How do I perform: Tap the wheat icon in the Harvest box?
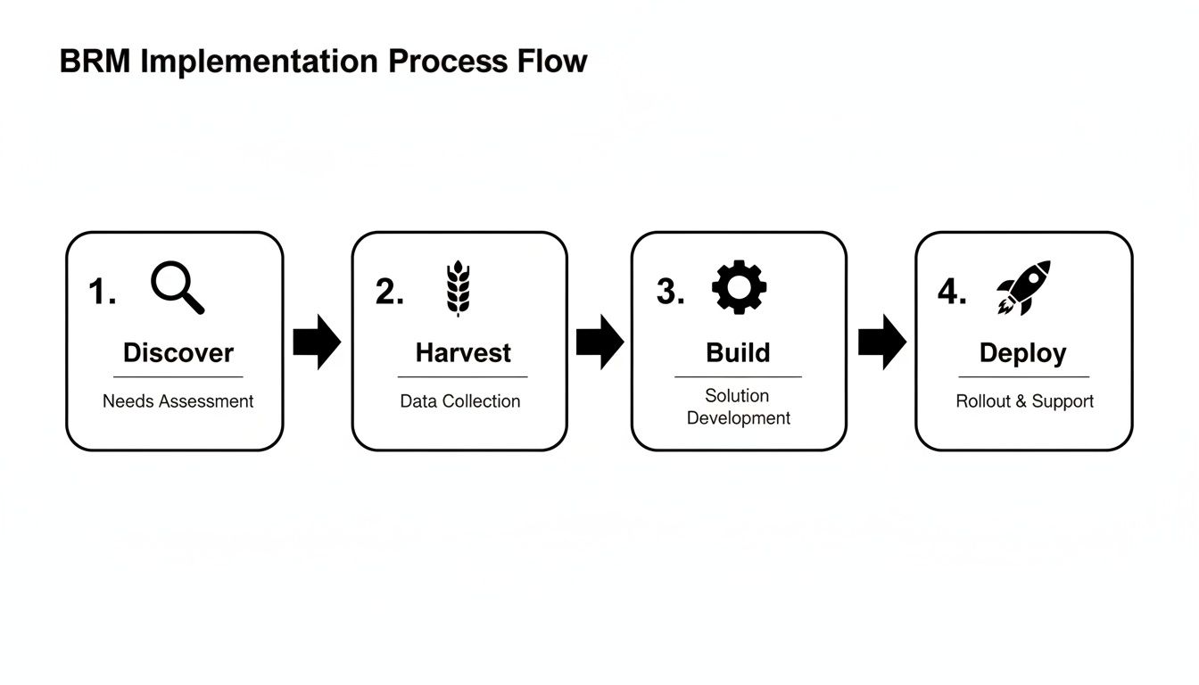tap(458, 288)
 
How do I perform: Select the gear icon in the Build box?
tap(739, 287)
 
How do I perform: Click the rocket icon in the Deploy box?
tap(1023, 287)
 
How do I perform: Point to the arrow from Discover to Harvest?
tap(317, 342)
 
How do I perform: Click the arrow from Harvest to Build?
tap(599, 342)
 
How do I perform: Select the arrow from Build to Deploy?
tap(881, 342)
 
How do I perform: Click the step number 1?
tap(102, 293)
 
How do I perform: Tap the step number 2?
tap(389, 293)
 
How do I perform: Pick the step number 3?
tap(670, 292)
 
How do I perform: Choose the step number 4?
tap(952, 292)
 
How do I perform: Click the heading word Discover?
tap(178, 352)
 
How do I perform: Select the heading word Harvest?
tap(463, 352)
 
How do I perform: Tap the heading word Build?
tap(738, 352)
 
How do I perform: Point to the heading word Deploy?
tap(1022, 353)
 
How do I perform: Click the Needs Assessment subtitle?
tap(178, 401)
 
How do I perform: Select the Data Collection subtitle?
tap(459, 401)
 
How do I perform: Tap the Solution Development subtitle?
tap(738, 407)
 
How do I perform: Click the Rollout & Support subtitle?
tap(1024, 401)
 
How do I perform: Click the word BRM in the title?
tap(95, 62)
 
